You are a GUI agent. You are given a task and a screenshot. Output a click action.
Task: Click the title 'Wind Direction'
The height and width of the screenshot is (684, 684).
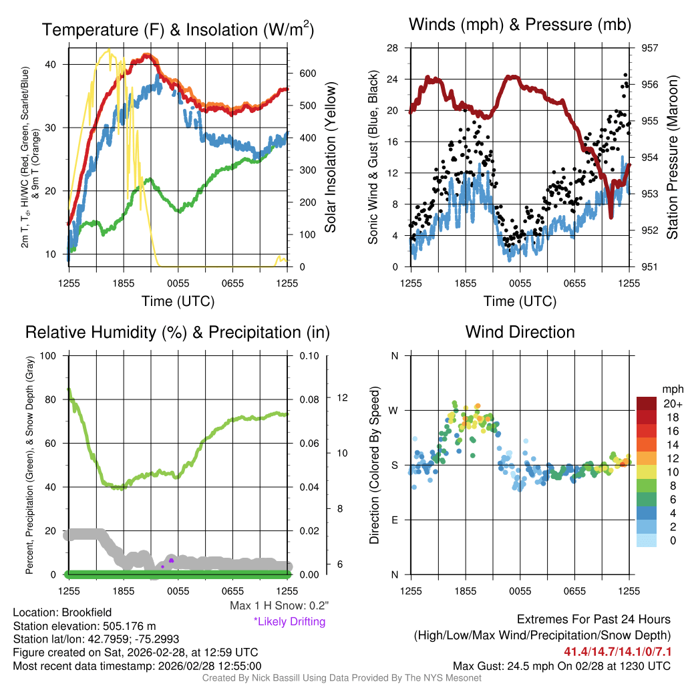(520, 332)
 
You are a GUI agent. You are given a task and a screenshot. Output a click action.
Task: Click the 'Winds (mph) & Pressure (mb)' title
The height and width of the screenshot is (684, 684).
(520, 25)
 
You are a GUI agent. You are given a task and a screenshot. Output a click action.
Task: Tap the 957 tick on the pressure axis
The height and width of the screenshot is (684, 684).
(649, 48)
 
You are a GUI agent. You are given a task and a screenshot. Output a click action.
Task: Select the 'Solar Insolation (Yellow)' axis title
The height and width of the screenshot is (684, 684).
(331, 158)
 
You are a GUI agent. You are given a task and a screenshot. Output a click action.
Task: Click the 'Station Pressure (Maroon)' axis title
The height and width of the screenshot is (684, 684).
(673, 158)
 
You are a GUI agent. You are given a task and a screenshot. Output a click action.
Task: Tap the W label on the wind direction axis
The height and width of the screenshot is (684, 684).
(394, 410)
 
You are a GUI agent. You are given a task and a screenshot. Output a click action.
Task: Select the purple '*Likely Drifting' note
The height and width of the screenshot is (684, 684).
(289, 621)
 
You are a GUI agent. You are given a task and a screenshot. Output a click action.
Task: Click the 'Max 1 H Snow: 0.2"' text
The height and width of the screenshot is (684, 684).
(279, 606)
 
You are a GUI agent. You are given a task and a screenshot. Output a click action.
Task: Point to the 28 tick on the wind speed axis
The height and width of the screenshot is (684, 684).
(393, 48)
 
